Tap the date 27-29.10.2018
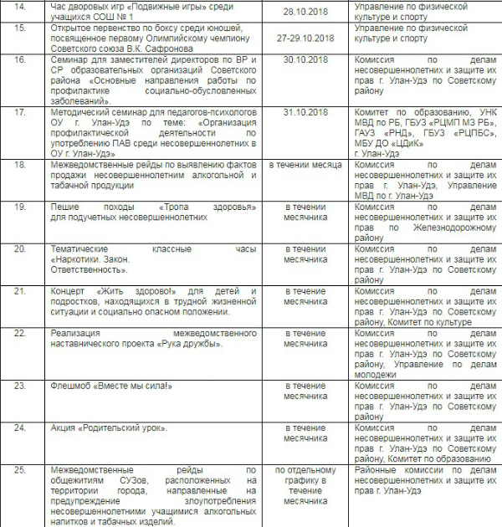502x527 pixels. (305, 38)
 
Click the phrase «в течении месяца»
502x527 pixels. (305, 165)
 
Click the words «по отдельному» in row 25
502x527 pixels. (305, 471)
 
